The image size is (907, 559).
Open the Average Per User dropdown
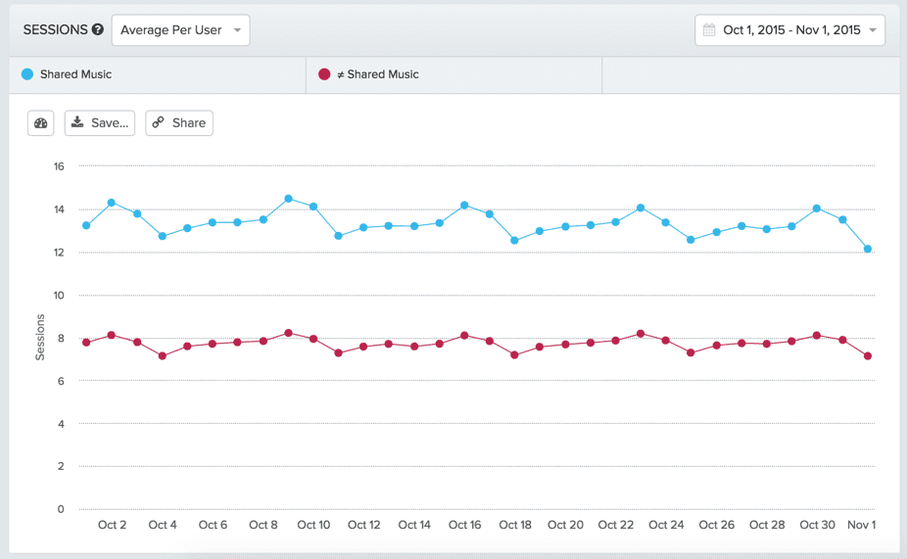click(180, 30)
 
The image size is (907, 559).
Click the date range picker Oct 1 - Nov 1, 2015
click(789, 30)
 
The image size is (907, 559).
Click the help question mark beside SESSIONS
click(98, 30)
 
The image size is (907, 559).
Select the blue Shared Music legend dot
click(27, 74)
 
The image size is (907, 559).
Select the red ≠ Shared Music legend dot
click(324, 74)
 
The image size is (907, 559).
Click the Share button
click(179, 123)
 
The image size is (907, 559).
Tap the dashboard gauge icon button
click(41, 123)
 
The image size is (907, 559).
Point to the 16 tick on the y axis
click(59, 166)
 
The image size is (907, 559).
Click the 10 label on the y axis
click(59, 296)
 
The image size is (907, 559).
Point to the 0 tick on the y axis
click(61, 509)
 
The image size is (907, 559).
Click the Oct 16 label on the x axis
click(464, 525)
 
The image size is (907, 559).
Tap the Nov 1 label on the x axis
click(861, 525)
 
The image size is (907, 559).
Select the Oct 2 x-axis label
click(112, 525)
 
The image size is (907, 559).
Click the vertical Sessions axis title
click(40, 337)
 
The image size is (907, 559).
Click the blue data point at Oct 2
click(112, 203)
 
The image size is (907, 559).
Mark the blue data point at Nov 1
click(868, 249)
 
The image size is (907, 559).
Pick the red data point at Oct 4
click(163, 356)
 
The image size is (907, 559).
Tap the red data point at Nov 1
click(868, 356)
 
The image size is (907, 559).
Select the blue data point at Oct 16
click(464, 206)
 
